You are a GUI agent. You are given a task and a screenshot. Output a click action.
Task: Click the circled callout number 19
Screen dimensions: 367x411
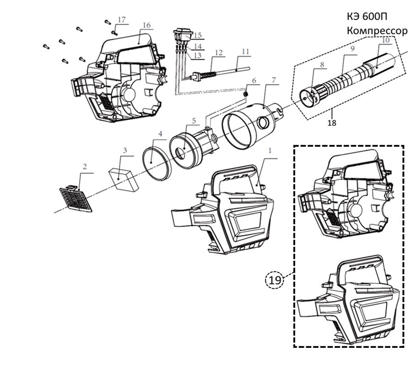tap(275, 280)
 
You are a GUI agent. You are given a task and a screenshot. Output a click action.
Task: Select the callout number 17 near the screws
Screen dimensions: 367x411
tap(121, 20)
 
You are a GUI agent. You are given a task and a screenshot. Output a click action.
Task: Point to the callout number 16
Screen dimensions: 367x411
tap(146, 25)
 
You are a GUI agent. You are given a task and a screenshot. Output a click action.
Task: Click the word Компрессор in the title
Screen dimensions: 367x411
tap(376, 31)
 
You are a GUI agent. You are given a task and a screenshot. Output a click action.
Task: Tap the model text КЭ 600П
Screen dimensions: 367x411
tap(367, 16)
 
